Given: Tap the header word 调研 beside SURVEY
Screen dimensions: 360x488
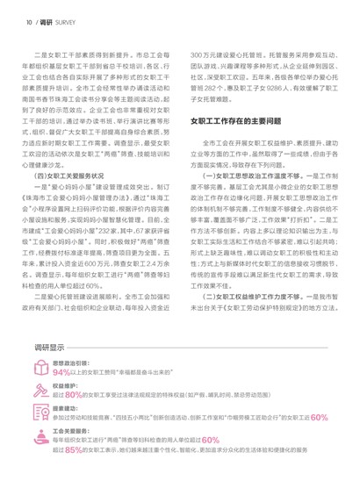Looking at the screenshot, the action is [x=40, y=15].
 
